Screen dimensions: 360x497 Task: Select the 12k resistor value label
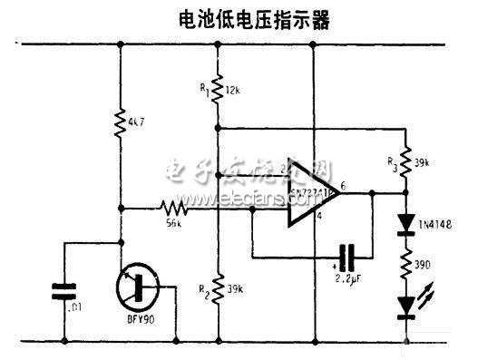(234, 91)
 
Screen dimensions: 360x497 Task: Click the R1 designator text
(206, 91)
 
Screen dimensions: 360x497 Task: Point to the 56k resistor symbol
(173, 208)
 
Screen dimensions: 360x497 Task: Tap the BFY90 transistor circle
(138, 288)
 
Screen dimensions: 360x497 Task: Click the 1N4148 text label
(438, 221)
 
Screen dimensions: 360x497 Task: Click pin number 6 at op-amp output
(343, 185)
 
